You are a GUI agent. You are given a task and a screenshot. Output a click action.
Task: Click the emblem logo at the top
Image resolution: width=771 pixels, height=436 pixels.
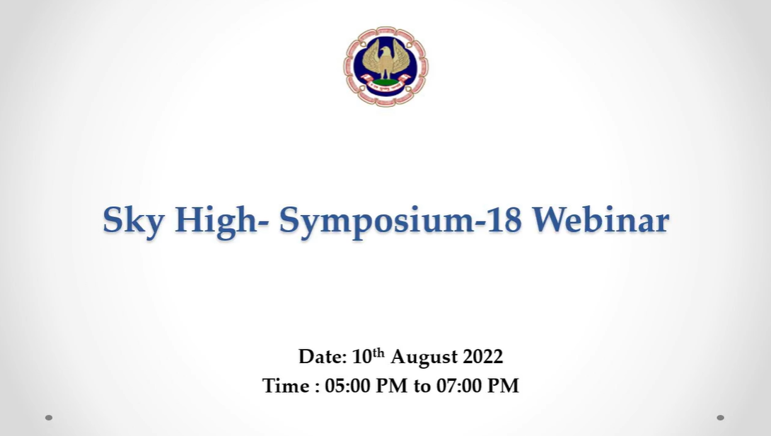[x=386, y=67]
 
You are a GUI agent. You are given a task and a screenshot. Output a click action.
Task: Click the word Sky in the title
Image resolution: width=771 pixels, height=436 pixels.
[x=133, y=220]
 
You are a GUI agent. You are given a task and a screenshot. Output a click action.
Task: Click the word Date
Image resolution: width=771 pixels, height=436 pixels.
[x=323, y=357]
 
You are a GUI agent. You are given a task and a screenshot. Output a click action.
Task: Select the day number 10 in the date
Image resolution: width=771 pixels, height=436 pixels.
[x=362, y=357]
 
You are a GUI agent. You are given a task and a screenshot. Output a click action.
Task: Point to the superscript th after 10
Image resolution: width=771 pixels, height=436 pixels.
[x=378, y=352]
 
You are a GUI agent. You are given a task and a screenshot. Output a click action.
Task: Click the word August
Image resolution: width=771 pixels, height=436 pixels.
[x=424, y=357]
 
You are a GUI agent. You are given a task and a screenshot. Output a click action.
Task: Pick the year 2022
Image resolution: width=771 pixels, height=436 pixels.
[x=483, y=357]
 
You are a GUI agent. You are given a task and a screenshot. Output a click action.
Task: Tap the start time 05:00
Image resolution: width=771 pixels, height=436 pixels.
[x=347, y=386]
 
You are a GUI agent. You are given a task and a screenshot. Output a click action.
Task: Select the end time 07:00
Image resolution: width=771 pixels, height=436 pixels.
[x=459, y=386]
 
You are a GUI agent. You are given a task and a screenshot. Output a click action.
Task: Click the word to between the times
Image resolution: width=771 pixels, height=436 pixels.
[x=422, y=386]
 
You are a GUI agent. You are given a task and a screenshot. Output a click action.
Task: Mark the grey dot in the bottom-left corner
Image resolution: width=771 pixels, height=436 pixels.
[x=49, y=418]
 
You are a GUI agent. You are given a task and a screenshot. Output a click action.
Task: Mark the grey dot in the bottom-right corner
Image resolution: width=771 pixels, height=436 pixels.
[x=720, y=418]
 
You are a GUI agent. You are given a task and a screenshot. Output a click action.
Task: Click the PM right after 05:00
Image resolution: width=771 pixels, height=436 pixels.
[x=392, y=386]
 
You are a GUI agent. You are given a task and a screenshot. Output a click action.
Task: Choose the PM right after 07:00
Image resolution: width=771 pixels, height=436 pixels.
[x=503, y=386]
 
